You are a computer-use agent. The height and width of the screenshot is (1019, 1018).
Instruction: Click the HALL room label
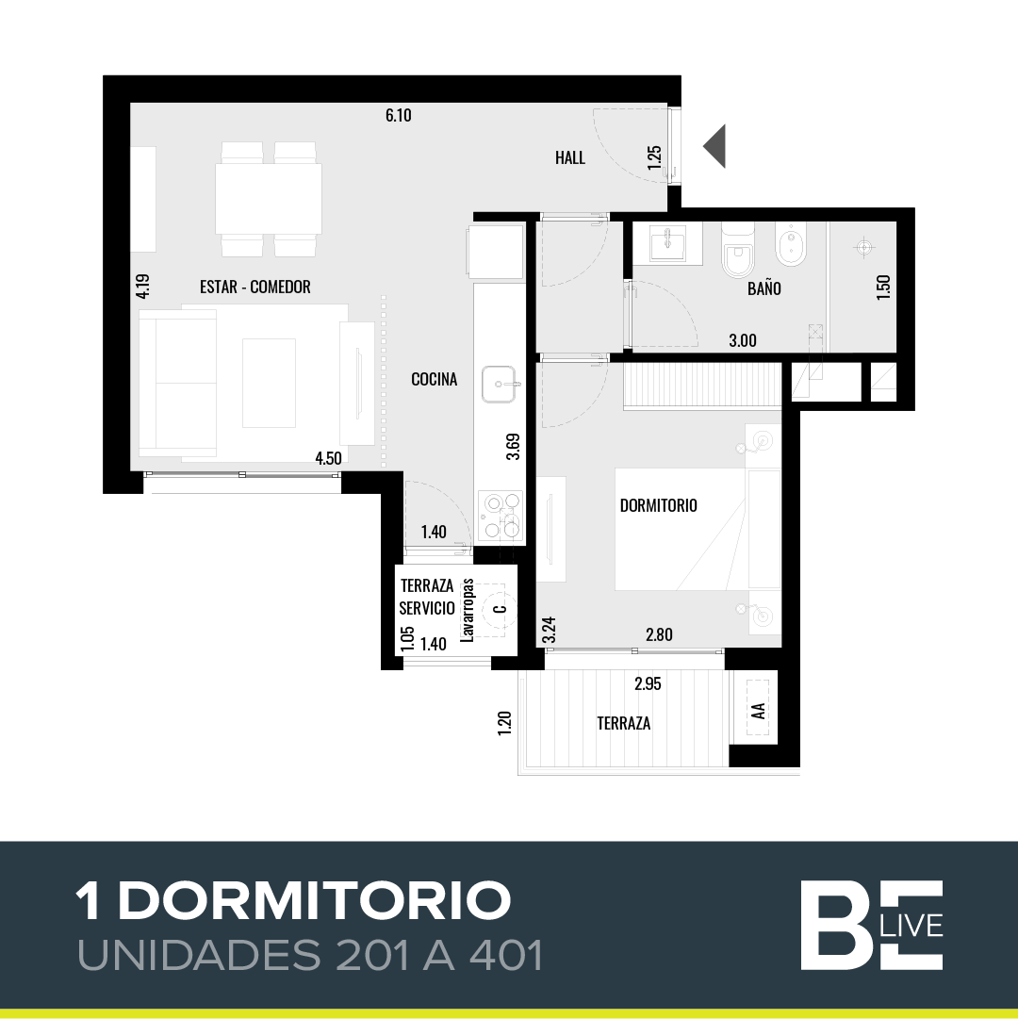(x=569, y=158)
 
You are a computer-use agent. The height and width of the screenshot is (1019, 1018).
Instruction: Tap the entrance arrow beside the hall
(x=714, y=146)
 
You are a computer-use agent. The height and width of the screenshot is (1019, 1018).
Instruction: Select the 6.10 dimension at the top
(x=398, y=116)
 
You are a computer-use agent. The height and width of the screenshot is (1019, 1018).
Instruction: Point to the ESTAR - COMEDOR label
(x=254, y=287)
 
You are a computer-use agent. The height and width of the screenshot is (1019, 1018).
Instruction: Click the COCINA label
(x=434, y=379)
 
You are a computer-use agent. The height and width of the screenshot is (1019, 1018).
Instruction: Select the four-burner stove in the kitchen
(x=501, y=516)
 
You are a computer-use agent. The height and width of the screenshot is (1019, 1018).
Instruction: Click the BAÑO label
(x=764, y=288)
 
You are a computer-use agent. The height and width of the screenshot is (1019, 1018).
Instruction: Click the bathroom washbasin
(x=667, y=244)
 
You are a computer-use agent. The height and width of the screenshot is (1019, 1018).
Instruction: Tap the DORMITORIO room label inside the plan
(x=658, y=505)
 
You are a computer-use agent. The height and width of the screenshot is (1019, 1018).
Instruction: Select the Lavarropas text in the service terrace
(x=468, y=610)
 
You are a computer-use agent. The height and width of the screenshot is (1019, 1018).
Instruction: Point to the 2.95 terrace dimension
(x=648, y=683)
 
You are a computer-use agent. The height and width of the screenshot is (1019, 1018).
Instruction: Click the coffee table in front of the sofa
(x=269, y=383)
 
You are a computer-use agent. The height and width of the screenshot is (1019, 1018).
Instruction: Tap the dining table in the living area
(x=269, y=199)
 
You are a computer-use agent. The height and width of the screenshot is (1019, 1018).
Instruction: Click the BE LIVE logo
(x=871, y=926)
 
